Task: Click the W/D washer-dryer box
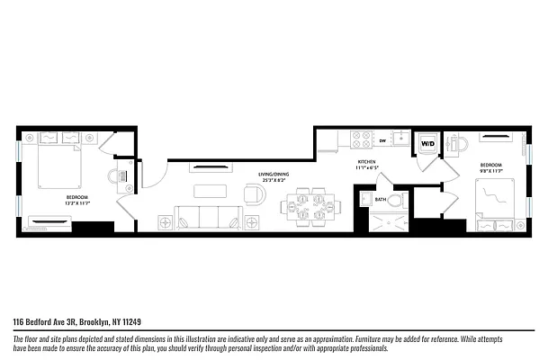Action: click(428, 144)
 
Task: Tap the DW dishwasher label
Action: click(382, 141)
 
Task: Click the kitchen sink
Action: click(401, 139)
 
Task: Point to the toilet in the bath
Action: click(366, 200)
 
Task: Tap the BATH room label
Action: click(381, 199)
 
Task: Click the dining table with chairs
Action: click(310, 208)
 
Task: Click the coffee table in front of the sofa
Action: click(209, 190)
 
